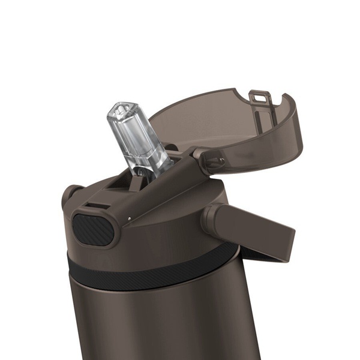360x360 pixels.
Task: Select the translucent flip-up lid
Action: click(x=228, y=120)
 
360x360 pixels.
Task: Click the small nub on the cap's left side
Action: click(x=70, y=196)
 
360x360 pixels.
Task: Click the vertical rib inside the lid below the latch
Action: click(x=262, y=110)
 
